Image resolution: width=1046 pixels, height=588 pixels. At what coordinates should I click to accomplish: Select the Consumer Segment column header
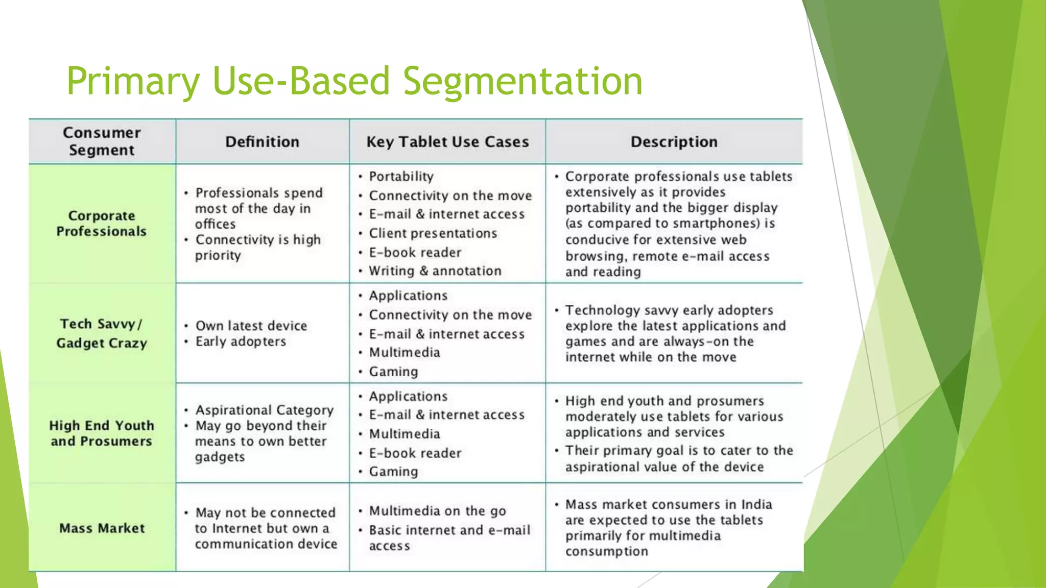pyautogui.click(x=102, y=141)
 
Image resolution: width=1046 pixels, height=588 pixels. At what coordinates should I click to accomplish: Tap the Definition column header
pyautogui.click(x=262, y=141)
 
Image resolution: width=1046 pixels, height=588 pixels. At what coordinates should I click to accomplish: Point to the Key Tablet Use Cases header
pyautogui.click(x=447, y=141)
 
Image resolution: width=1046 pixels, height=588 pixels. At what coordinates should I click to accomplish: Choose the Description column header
pyautogui.click(x=674, y=141)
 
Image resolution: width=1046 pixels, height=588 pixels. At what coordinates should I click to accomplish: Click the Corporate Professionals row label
pyautogui.click(x=102, y=224)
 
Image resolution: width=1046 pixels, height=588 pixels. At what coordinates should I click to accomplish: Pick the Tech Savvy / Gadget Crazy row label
pyautogui.click(x=102, y=333)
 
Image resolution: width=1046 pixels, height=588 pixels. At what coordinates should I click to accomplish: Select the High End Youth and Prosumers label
pyautogui.click(x=102, y=433)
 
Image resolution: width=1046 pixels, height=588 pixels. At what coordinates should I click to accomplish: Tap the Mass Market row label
pyautogui.click(x=102, y=528)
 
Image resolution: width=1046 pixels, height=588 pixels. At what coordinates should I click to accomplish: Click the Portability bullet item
pyautogui.click(x=401, y=177)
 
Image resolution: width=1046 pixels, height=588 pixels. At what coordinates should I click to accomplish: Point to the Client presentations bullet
pyautogui.click(x=433, y=233)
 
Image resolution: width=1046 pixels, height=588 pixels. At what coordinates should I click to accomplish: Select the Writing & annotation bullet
pyautogui.click(x=435, y=271)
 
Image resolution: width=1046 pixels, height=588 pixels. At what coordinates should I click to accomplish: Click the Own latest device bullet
pyautogui.click(x=251, y=326)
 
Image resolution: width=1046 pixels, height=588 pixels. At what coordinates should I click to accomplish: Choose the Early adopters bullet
pyautogui.click(x=241, y=341)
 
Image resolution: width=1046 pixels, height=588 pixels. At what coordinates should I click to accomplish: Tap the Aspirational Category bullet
pyautogui.click(x=264, y=410)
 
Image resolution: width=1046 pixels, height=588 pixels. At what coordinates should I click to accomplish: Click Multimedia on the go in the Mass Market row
pyautogui.click(x=437, y=511)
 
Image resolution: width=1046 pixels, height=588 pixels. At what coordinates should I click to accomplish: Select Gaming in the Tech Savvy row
pyautogui.click(x=393, y=372)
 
